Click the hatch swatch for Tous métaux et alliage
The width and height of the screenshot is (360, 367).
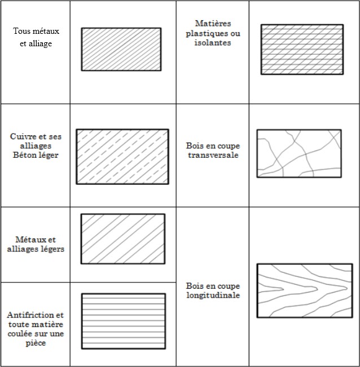coord(121,49)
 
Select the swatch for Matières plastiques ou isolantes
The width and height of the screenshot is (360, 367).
coord(302,49)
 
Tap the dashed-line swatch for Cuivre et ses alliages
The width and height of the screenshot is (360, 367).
coord(122,156)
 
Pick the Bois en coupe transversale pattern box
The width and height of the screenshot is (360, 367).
coord(299,153)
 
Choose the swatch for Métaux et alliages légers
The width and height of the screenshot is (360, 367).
coord(122,238)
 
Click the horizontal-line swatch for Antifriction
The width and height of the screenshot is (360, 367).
coord(123,321)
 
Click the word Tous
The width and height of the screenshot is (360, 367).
coord(22,31)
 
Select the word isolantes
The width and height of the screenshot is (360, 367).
coord(212,43)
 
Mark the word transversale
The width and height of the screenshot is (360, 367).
coord(212,155)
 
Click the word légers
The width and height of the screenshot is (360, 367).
coord(51,249)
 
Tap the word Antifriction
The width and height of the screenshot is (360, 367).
coord(30,315)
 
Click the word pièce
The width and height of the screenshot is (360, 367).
coord(36,343)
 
